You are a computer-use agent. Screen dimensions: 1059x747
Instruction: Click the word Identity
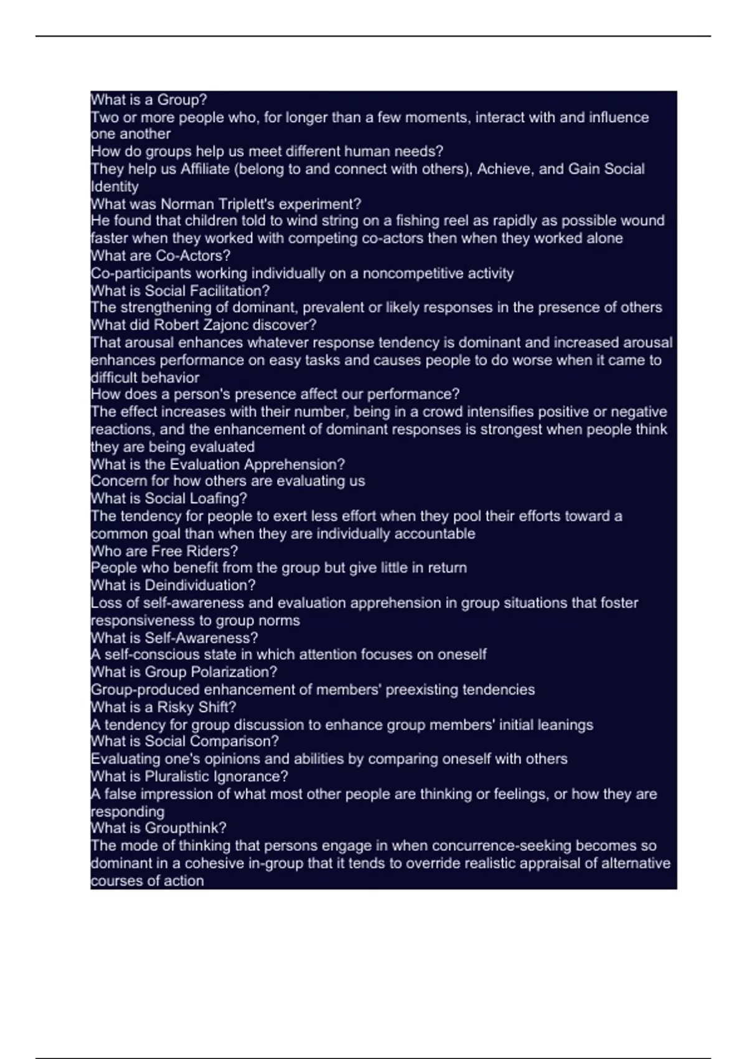point(115,186)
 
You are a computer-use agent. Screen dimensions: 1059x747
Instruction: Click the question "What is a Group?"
point(149,100)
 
